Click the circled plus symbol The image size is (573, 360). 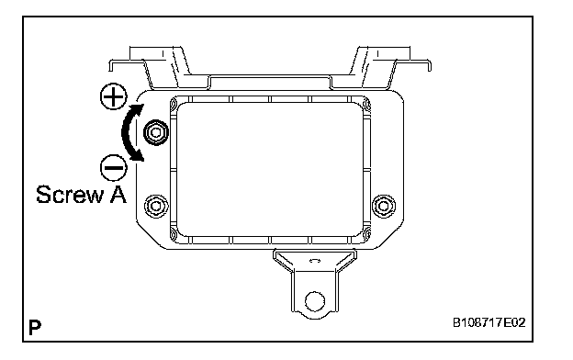click(x=114, y=96)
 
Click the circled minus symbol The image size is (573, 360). click(x=114, y=168)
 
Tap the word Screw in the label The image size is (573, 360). click(x=70, y=195)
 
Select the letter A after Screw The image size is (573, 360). click(x=118, y=194)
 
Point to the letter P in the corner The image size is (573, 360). click(x=35, y=328)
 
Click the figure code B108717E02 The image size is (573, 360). click(x=489, y=322)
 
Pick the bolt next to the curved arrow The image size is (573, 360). click(x=156, y=132)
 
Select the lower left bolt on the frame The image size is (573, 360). click(x=156, y=206)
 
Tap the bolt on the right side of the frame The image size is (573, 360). click(x=383, y=206)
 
